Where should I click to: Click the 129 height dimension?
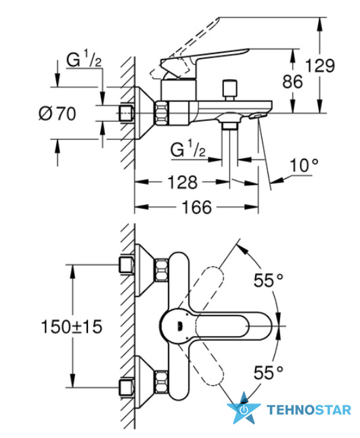coord(319,66)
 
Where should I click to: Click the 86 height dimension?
coord(292,82)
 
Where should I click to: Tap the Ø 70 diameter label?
coord(58,114)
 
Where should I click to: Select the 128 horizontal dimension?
coord(183,182)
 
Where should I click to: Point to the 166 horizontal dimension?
coord(197,208)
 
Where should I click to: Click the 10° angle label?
coord(304,166)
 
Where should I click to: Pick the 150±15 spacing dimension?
coord(72,326)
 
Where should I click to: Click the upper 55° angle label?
coord(269,281)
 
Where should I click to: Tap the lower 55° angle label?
coord(269,372)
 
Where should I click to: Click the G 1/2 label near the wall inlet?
coord(84,60)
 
